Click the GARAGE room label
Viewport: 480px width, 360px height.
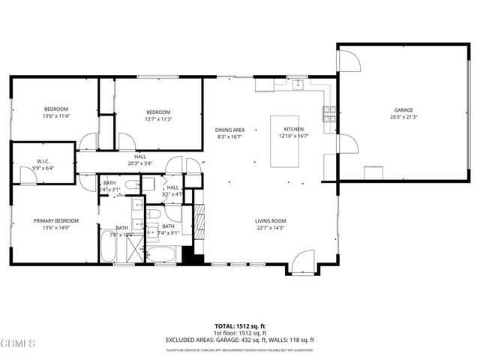click(403, 110)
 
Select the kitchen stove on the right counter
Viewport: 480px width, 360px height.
click(328, 113)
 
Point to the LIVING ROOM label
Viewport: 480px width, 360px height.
click(270, 220)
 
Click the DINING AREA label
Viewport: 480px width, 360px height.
click(229, 129)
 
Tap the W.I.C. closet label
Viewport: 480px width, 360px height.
click(43, 160)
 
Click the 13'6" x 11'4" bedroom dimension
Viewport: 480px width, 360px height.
click(56, 116)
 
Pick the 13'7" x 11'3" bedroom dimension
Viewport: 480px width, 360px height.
click(158, 118)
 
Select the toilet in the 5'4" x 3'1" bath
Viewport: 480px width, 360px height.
click(128, 184)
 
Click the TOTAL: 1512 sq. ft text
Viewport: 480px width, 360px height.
click(240, 325)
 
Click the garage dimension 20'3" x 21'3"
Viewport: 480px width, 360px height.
click(403, 117)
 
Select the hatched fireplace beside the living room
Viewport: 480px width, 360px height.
click(199, 222)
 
